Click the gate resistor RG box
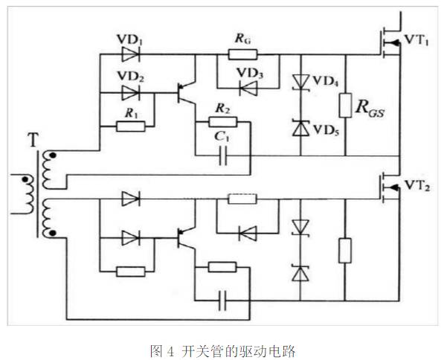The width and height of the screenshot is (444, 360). pos(240,54)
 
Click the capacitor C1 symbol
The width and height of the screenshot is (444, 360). pos(220,156)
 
